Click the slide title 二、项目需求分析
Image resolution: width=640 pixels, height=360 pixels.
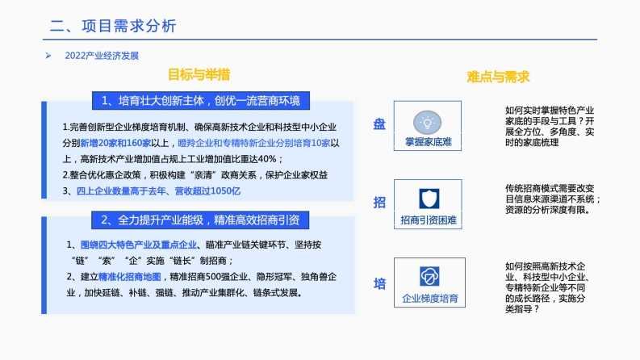tap(113, 26)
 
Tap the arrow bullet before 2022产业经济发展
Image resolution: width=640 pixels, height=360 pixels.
tap(48, 56)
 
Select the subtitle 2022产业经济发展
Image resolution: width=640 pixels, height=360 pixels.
tap(102, 56)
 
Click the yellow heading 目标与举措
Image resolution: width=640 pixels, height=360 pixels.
tap(199, 75)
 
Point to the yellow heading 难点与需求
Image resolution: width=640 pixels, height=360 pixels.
tap(498, 77)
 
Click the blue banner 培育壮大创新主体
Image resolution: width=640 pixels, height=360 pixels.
tap(201, 101)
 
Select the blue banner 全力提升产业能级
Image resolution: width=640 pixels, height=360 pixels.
tap(200, 220)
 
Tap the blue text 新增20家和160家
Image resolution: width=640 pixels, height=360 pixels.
tap(115, 143)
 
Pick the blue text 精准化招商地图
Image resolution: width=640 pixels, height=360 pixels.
tap(130, 277)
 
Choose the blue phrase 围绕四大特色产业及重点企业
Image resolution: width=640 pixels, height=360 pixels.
tap(138, 245)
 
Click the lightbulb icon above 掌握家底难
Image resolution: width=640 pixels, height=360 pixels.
tap(428, 122)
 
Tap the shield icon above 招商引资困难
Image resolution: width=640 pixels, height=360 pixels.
tap(429, 199)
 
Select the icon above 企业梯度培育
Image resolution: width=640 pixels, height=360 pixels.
tap(429, 276)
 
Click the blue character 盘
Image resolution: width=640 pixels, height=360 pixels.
tap(379, 124)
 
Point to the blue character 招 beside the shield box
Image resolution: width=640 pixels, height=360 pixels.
tap(379, 202)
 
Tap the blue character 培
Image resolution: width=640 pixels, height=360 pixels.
tap(379, 283)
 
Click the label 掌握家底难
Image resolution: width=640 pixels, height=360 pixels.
tap(429, 142)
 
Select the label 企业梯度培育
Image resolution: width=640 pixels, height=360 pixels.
tap(430, 299)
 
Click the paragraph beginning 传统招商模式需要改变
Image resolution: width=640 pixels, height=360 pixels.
tap(553, 199)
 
